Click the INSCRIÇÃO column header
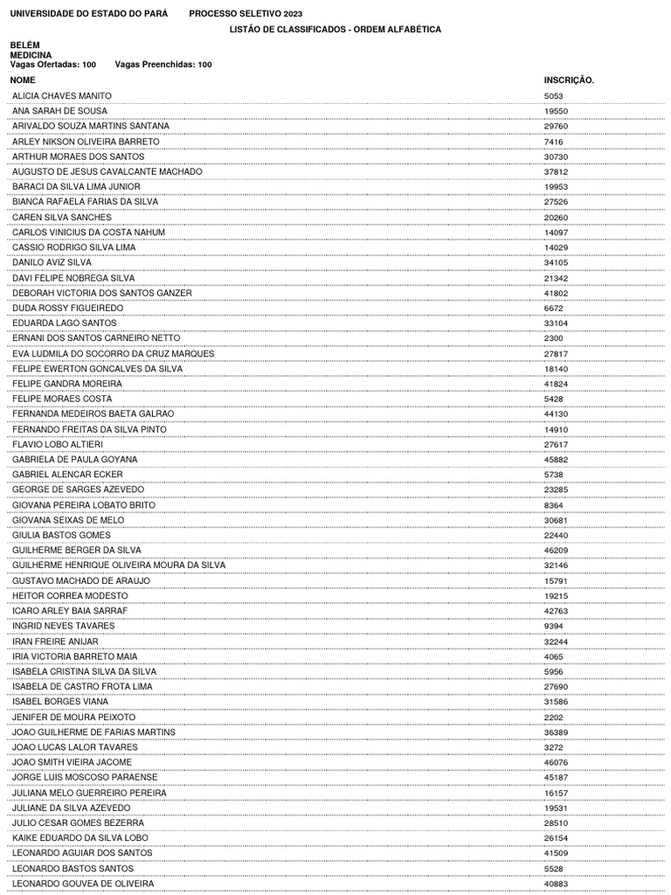[x=569, y=80]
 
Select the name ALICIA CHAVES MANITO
[x=61, y=96]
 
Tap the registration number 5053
[x=554, y=96]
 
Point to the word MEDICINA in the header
[x=31, y=55]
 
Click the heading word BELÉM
[x=24, y=45]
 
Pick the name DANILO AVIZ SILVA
[x=52, y=262]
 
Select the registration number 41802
[x=556, y=293]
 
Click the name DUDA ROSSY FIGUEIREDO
[x=67, y=309]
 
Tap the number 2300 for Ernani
[x=554, y=338]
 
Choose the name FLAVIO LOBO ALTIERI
[x=58, y=445]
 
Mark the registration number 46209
[x=556, y=551]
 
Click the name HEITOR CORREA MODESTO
[x=70, y=596]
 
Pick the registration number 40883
[x=556, y=885]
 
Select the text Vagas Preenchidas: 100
[x=163, y=65]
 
